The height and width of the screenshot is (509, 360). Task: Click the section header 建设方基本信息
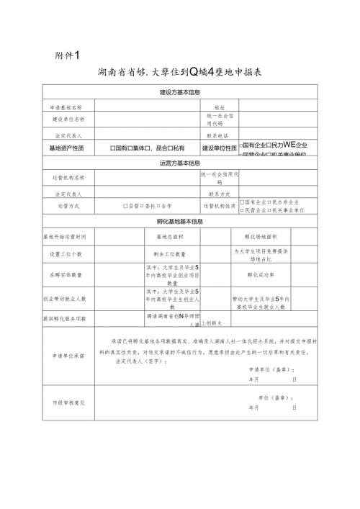pyautogui.click(x=180, y=93)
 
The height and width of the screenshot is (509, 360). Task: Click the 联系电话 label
pyautogui.click(x=220, y=135)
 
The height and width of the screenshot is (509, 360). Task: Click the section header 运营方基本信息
pyautogui.click(x=180, y=163)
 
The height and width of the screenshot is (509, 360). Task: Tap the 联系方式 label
pyautogui.click(x=220, y=194)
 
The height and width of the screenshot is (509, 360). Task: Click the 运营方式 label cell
pyautogui.click(x=68, y=206)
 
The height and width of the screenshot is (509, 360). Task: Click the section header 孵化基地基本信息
pyautogui.click(x=180, y=221)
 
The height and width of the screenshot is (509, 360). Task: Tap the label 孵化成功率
pyautogui.click(x=261, y=274)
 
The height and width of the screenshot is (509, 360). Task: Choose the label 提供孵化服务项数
pyautogui.click(x=68, y=317)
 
